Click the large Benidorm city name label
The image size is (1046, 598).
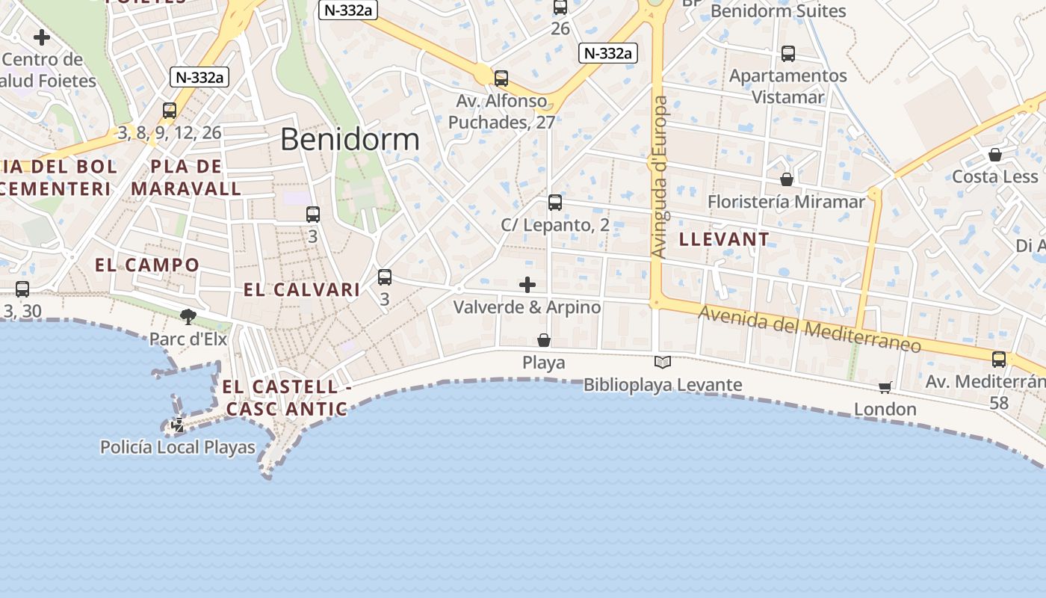click(x=350, y=140)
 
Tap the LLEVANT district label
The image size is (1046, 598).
click(x=724, y=239)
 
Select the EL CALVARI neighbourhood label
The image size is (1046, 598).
click(x=302, y=290)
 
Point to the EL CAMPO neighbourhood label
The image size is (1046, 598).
click(x=147, y=265)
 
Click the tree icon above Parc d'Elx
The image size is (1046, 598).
click(x=188, y=317)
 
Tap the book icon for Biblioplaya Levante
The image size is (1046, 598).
click(x=662, y=363)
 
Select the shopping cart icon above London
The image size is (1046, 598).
click(x=885, y=387)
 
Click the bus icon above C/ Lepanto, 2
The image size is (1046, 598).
click(x=554, y=203)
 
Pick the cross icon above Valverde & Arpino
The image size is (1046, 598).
click(x=527, y=285)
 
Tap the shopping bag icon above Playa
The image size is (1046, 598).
click(x=544, y=341)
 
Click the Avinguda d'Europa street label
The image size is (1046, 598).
click(x=659, y=177)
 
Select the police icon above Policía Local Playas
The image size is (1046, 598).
click(x=178, y=425)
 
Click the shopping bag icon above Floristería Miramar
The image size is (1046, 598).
click(x=786, y=179)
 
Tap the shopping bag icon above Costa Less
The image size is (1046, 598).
click(x=994, y=155)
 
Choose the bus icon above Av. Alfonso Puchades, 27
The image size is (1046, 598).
click(x=501, y=78)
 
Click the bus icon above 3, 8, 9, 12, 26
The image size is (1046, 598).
click(x=170, y=111)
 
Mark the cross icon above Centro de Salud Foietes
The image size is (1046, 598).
click(x=42, y=37)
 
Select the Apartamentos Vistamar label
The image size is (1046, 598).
click(x=788, y=86)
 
